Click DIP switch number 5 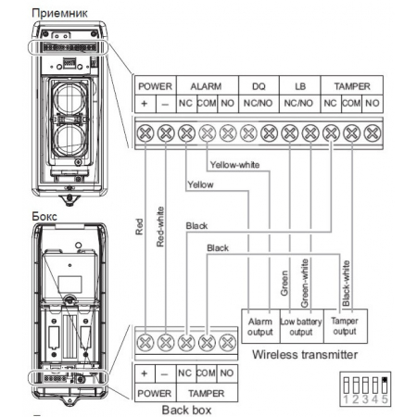pyautogui.click(x=385, y=382)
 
